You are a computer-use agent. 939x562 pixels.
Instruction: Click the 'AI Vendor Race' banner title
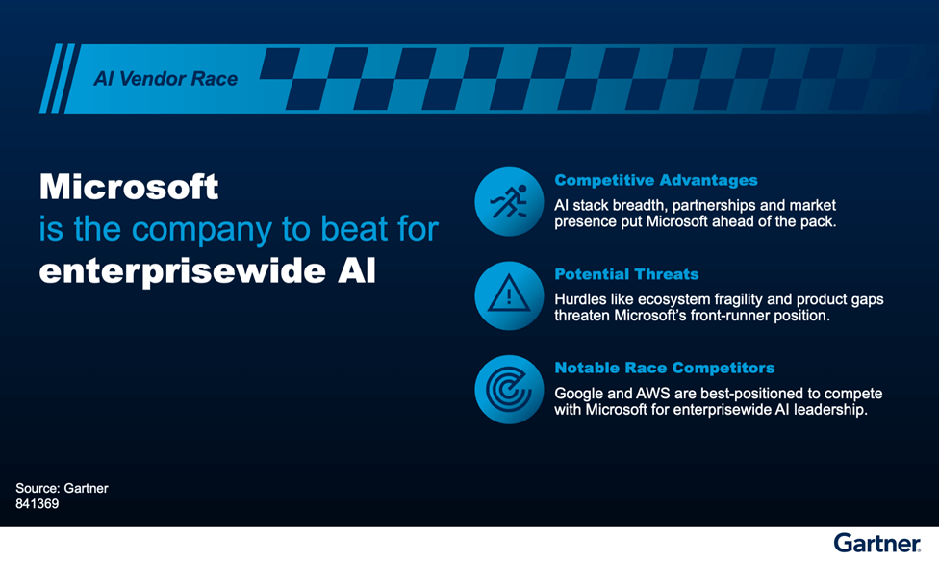(165, 79)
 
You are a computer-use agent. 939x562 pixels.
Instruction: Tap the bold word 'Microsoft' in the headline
(129, 186)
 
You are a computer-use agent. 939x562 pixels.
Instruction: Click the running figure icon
(509, 201)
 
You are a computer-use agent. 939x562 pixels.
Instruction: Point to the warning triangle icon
(509, 295)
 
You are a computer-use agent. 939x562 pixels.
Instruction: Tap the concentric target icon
(509, 390)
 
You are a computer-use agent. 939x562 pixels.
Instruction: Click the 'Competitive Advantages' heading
(655, 180)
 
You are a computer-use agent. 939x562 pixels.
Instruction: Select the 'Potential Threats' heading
(626, 274)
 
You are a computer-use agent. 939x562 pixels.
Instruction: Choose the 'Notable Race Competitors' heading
(664, 368)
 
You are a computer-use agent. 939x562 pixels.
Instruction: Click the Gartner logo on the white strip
(876, 543)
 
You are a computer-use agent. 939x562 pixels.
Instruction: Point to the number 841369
(38, 503)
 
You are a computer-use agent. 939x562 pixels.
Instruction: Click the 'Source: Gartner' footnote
(62, 488)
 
